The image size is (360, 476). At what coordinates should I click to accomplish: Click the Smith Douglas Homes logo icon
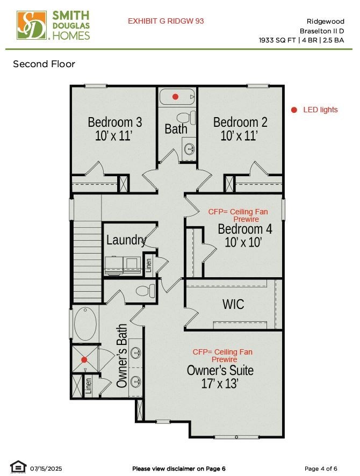(x=32, y=25)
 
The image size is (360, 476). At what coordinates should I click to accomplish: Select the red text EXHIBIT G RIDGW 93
(x=165, y=21)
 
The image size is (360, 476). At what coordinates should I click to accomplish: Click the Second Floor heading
(x=44, y=64)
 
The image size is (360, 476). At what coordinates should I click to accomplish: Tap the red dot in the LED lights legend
(x=294, y=110)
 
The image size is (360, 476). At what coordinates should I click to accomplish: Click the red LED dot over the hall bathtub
(x=175, y=97)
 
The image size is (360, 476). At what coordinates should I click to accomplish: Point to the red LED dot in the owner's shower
(x=84, y=360)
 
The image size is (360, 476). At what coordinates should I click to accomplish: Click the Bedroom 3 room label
(x=115, y=122)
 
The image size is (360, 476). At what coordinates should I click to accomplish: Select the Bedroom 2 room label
(x=240, y=122)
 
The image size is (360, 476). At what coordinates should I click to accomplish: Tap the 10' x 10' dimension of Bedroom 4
(x=243, y=242)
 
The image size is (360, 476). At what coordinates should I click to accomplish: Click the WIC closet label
(x=233, y=304)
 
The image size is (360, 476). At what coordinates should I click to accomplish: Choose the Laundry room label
(x=126, y=240)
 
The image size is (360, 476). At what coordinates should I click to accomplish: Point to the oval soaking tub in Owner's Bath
(x=85, y=324)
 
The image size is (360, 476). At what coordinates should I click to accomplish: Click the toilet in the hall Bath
(x=186, y=118)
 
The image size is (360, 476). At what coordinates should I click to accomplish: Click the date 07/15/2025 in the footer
(x=46, y=468)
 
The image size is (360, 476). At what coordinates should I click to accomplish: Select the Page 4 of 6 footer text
(x=321, y=468)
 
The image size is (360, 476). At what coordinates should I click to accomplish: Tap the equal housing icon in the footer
(x=18, y=467)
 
